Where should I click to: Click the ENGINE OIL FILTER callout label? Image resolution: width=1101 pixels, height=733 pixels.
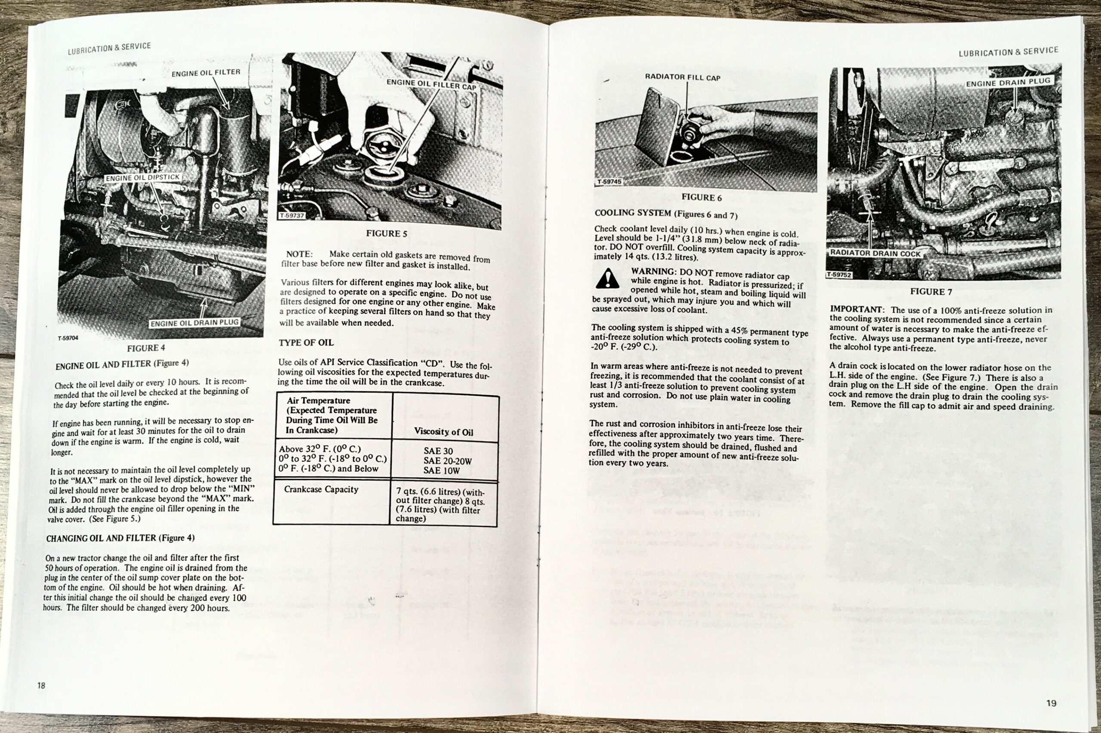pos(206,73)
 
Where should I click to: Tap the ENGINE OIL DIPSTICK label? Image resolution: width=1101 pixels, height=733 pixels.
pos(142,178)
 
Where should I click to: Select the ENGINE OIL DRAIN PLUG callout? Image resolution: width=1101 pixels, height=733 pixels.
pos(194,322)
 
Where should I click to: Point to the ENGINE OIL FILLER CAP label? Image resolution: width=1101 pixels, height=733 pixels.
pos(431,85)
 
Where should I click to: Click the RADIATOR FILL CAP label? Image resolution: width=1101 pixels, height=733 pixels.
pos(683,77)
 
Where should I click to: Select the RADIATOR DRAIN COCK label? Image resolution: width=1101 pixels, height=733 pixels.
pos(875,254)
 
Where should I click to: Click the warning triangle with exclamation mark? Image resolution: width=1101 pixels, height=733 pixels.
pos(607,279)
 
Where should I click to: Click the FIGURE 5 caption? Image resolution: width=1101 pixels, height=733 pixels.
pos(386,233)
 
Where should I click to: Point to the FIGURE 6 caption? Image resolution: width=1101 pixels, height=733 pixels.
pos(701,197)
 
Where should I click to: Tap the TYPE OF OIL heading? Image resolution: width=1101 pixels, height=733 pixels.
pos(306,343)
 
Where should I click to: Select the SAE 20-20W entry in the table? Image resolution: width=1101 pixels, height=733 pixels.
pos(448,461)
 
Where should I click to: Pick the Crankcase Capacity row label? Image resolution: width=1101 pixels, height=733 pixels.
pos(321,489)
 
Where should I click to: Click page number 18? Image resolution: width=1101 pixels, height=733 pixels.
pos(41,685)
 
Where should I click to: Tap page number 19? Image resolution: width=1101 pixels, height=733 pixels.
pos(1051,703)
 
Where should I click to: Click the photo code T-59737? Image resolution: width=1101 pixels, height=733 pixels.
pos(292,216)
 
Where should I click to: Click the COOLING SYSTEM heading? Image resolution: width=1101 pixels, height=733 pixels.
pos(632,213)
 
